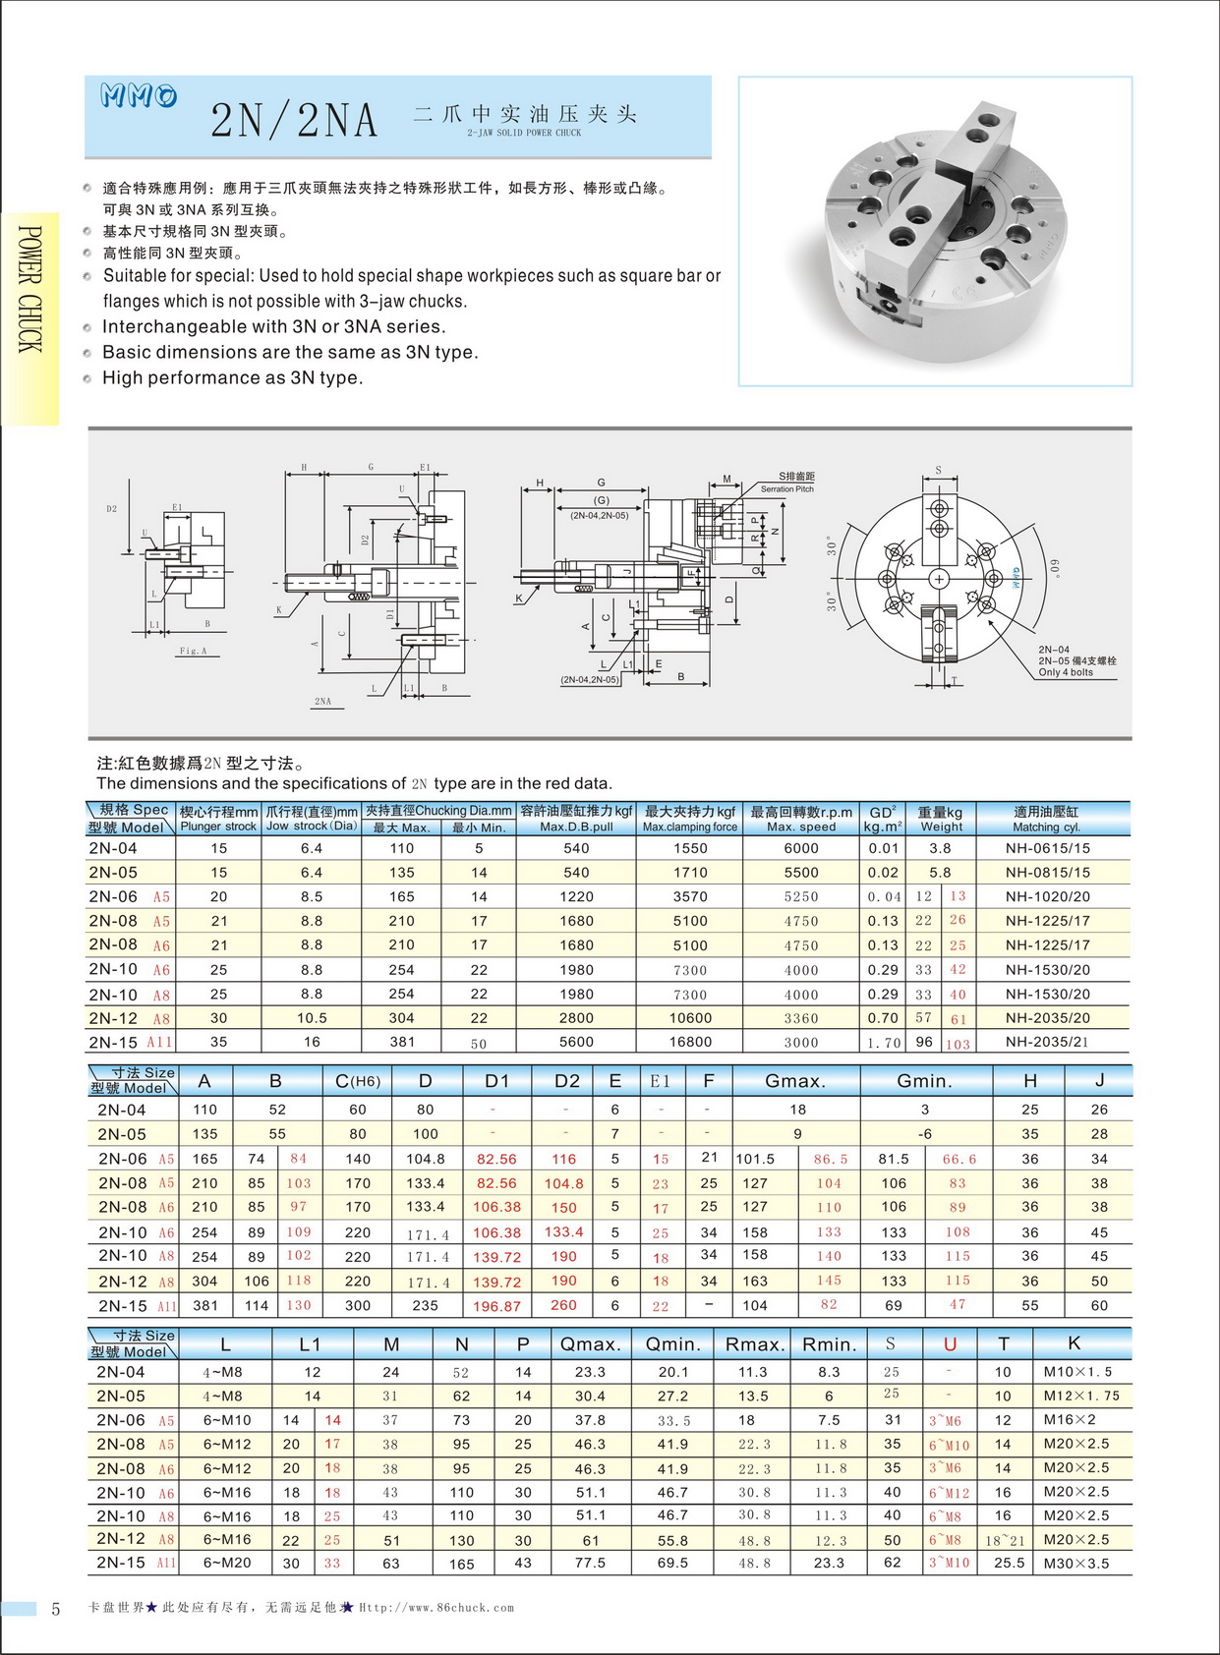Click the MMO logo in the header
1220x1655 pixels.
point(139,95)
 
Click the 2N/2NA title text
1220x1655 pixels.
point(294,121)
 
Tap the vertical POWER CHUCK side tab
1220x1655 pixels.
point(29,289)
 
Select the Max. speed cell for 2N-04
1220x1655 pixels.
point(800,848)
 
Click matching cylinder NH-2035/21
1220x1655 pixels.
point(1047,1042)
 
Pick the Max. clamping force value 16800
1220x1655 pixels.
point(690,1042)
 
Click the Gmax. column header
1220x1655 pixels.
point(795,1081)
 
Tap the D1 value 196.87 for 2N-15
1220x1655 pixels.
point(496,1306)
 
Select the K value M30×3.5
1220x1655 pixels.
point(1075,1563)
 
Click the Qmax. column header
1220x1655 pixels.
point(590,1344)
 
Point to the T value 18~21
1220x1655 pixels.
point(1004,1540)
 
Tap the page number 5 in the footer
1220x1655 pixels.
point(56,1609)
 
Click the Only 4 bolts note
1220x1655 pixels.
point(1065,672)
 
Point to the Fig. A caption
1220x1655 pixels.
point(193,651)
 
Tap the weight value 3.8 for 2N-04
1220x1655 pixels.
point(940,848)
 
